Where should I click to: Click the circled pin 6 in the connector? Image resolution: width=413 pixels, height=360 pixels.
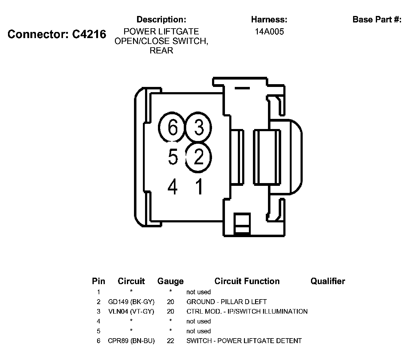tap(172, 127)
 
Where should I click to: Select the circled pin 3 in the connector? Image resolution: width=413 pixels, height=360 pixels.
tap(199, 127)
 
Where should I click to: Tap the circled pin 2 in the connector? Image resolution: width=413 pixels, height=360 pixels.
tap(199, 157)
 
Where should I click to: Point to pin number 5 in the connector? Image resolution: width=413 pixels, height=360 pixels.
tap(173, 157)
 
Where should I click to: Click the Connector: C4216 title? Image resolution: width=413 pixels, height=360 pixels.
tap(57, 34)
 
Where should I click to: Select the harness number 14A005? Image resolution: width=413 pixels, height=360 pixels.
tap(269, 32)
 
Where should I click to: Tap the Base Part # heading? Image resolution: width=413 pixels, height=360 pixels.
tap(377, 20)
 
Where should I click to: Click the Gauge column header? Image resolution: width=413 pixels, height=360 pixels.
tap(170, 281)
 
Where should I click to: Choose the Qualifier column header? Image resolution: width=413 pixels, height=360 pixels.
tap(328, 281)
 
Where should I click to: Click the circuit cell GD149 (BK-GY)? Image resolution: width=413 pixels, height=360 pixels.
tap(131, 302)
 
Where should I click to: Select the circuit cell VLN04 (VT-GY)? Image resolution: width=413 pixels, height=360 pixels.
tap(131, 311)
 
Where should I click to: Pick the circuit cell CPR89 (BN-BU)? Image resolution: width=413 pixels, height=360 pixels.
tap(131, 341)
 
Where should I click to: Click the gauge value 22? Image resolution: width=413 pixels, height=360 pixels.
tap(170, 341)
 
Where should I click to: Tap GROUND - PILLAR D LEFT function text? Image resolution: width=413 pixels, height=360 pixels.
tap(226, 302)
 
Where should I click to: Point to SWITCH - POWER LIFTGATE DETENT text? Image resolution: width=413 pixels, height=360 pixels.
tap(244, 341)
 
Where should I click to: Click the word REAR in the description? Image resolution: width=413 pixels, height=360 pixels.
tap(161, 51)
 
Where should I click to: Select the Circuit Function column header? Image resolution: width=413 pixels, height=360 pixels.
tap(247, 281)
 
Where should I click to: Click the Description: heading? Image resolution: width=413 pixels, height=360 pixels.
tap(161, 20)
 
